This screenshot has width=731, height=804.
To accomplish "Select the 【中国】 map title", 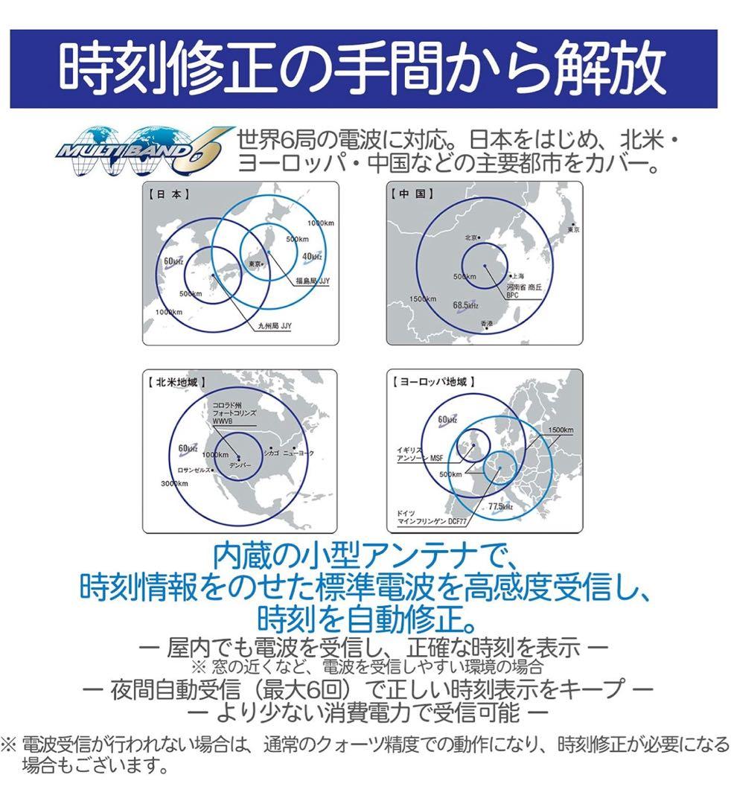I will click(412, 194).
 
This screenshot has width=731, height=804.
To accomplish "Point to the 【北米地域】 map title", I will click(177, 382).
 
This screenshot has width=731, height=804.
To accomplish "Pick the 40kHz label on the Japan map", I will click(312, 256).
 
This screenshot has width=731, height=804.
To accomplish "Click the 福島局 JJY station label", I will click(313, 281).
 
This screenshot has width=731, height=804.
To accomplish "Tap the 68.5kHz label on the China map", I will click(465, 305).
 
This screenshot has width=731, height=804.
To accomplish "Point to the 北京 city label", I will click(470, 238).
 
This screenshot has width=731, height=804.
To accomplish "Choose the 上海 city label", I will click(515, 276).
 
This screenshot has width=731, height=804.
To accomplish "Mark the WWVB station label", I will click(223, 421).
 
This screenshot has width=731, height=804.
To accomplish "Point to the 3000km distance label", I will click(175, 484).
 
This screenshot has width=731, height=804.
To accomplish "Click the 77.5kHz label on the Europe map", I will click(500, 507).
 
